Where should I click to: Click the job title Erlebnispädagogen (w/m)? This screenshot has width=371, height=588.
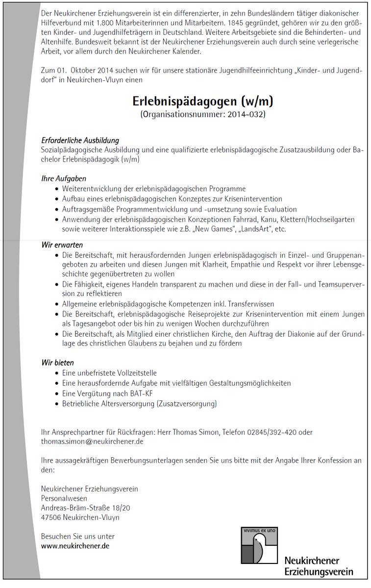202,101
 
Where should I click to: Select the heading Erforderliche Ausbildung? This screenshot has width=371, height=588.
80,141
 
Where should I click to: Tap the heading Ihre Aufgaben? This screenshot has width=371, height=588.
63,179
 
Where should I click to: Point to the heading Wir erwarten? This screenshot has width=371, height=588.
62,245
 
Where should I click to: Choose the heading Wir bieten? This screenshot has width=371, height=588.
57,363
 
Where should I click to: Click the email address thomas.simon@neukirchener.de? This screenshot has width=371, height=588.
92,441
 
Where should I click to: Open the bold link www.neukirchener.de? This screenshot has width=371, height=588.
75,545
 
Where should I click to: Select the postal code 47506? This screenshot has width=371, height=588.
51,517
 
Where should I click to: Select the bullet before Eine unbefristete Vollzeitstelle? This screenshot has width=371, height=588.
56,373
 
